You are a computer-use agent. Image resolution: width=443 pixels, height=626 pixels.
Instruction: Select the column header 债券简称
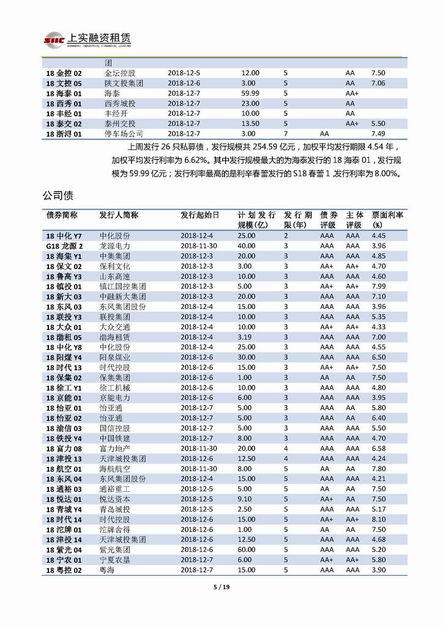click(x=62, y=215)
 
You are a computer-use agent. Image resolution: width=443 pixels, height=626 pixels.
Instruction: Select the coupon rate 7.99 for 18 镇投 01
click(x=378, y=286)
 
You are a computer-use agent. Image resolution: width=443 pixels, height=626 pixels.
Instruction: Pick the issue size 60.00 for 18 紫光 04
click(x=247, y=550)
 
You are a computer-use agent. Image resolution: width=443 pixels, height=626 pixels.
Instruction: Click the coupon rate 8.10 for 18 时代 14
click(x=378, y=519)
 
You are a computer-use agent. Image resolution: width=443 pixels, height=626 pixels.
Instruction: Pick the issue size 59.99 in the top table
click(x=250, y=93)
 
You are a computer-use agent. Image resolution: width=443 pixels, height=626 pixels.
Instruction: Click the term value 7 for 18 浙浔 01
click(x=285, y=133)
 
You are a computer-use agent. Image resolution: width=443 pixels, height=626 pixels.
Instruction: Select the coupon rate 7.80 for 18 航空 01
click(x=378, y=469)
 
